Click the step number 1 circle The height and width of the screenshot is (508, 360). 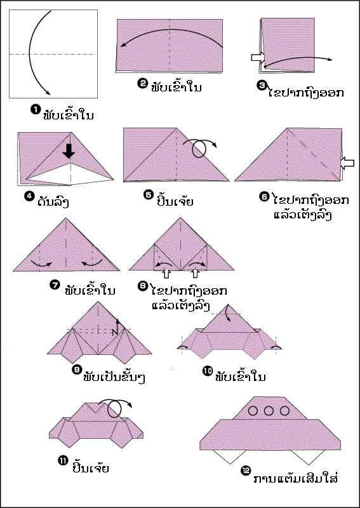tap(36, 109)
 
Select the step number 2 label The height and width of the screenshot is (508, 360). tap(143, 83)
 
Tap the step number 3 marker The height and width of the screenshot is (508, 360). tap(262, 84)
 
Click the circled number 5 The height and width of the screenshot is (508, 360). tap(149, 195)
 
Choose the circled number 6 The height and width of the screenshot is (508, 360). tap(264, 196)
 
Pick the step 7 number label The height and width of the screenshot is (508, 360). tap(55, 285)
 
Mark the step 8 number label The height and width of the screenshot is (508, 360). tap(143, 286)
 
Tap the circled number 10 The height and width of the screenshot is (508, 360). tap(208, 370)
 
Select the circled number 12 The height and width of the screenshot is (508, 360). tap(246, 471)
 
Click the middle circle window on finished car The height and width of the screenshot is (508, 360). tap(269, 411)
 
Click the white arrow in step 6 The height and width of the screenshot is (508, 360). tap(348, 163)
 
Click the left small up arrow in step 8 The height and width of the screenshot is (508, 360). tap(167, 274)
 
